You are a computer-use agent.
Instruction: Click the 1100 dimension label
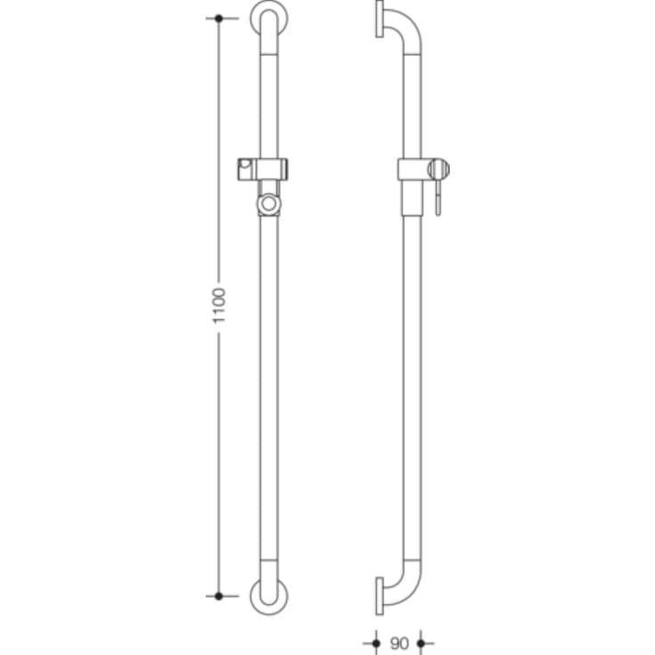coord(220,307)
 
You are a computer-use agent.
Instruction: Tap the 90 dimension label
coord(398,641)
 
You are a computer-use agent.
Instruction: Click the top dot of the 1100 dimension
coord(219,18)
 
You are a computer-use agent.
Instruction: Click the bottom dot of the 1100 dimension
coord(219,594)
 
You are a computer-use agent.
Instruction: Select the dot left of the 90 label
coord(376,641)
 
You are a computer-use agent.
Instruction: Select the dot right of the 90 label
coord(421,641)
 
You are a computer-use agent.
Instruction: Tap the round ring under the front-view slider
coord(268,204)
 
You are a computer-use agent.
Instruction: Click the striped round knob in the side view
coord(438,168)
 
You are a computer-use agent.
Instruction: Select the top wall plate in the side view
coord(381,20)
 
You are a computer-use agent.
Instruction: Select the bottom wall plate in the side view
coord(381,594)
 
